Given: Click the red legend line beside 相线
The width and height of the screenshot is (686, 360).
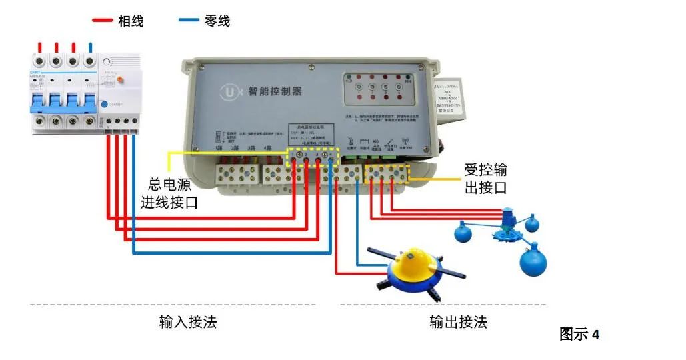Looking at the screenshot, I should point(102,21).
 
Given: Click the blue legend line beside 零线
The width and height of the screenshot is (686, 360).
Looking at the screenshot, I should point(189,21).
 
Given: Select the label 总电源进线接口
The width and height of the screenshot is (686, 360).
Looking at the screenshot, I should point(169,193).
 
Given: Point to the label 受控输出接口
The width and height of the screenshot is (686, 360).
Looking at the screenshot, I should point(485,179).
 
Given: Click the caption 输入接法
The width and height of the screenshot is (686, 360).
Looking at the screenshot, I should point(188,323).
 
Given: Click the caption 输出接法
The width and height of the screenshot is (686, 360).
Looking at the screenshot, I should point(458,323).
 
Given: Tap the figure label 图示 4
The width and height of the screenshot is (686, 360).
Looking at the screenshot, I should point(579,335).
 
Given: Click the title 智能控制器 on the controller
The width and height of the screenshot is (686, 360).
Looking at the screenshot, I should point(275,91).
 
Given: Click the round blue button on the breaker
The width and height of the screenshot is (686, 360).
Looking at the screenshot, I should point(105,104).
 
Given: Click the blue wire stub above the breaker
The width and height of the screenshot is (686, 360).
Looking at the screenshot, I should point(90,47).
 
